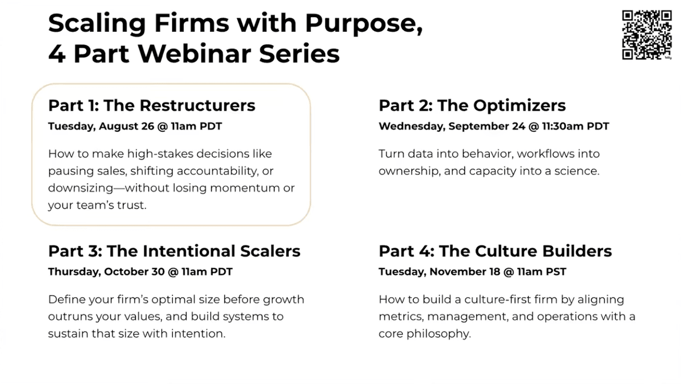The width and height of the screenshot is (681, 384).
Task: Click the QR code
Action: click(646, 35)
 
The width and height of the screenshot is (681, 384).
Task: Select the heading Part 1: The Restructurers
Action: click(152, 106)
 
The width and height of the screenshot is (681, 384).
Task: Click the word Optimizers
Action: click(519, 106)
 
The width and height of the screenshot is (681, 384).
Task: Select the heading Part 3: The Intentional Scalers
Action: click(174, 251)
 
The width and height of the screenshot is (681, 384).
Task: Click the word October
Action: click(127, 272)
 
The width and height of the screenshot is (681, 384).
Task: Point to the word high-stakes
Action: click(160, 155)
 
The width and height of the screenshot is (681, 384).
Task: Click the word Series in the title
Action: click(299, 54)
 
